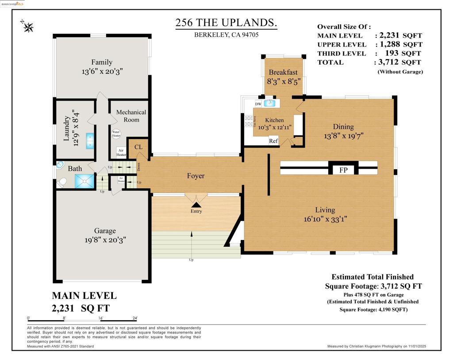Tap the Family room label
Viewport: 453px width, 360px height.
pos(102,62)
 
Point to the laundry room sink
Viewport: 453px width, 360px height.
pos(90,140)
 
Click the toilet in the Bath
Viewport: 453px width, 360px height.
pos(62,182)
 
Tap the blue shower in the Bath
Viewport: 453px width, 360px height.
pos(84,181)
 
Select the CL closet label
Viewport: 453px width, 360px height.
pos(138,147)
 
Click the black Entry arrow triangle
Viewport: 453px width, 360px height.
pos(196,205)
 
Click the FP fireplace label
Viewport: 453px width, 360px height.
pos(343,170)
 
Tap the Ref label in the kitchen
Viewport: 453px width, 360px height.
pos(274,141)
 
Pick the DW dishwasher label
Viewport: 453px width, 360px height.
pos(258,104)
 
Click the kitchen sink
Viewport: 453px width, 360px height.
pos(269,104)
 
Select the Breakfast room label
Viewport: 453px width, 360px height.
pos(283,72)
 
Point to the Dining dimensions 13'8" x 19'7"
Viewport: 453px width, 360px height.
pos(343,136)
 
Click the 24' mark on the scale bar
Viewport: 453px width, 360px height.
pos(134,318)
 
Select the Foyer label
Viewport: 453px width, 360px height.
pos(196,176)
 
